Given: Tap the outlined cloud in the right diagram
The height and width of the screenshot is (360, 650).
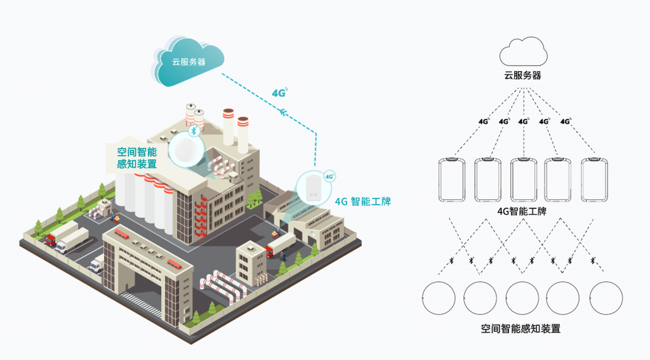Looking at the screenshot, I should [x=522, y=51].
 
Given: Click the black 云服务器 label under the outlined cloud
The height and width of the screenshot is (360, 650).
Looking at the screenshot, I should [x=522, y=76].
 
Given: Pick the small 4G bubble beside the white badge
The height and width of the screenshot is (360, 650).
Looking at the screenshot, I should [x=329, y=177].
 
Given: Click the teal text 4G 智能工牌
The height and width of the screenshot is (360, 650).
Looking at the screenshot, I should [x=362, y=203].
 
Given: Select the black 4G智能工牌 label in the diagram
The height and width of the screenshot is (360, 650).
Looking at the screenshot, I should [x=522, y=211].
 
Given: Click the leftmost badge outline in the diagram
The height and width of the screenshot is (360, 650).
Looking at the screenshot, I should [x=452, y=180].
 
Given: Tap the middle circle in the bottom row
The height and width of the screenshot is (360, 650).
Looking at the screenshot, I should [x=522, y=298].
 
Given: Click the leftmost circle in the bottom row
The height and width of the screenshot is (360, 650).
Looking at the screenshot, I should [x=439, y=298].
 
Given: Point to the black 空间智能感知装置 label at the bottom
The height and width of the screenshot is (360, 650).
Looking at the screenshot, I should [x=521, y=329].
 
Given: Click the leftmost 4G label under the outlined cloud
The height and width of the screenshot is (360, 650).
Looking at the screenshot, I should [x=485, y=121].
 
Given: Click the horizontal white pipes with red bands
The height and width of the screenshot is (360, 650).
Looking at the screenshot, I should [x=225, y=286].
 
